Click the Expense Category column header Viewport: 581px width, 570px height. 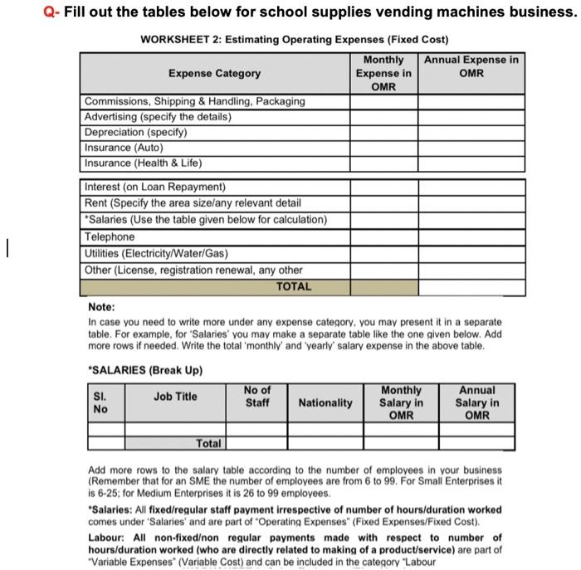[x=214, y=73]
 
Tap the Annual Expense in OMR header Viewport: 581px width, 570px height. [x=471, y=66]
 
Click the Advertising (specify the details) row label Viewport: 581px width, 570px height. [x=158, y=116]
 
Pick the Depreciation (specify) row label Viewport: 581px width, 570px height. [x=136, y=132]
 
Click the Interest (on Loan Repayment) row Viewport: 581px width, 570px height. [x=155, y=187]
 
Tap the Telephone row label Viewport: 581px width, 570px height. [x=110, y=236]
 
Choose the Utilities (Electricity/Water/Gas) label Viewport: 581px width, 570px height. [x=156, y=253]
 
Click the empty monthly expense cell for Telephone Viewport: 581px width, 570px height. [x=383, y=236]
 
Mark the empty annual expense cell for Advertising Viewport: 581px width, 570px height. [x=471, y=116]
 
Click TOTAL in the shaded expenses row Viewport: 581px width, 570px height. [x=294, y=287]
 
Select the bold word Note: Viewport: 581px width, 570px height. [x=102, y=306]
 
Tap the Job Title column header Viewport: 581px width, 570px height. [x=175, y=397]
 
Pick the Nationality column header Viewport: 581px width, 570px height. [x=325, y=403]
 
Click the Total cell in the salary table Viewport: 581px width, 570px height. [x=210, y=443]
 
